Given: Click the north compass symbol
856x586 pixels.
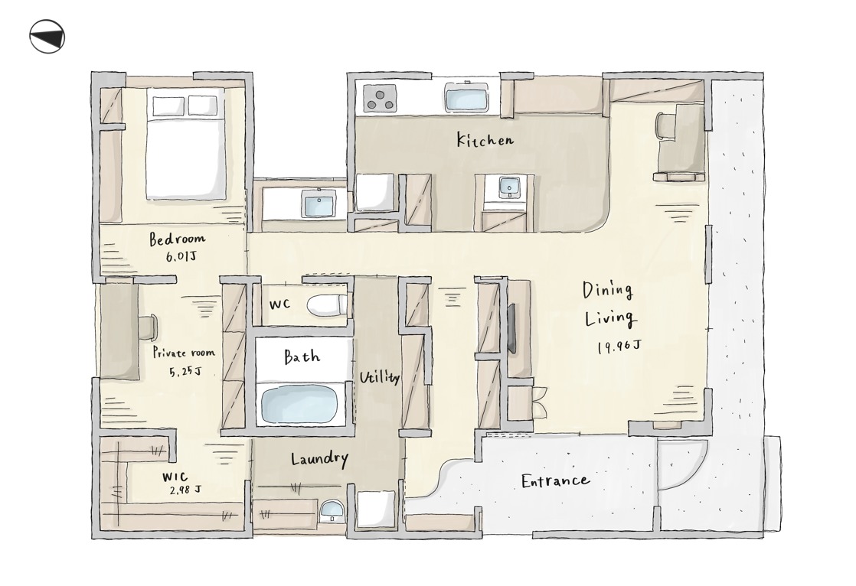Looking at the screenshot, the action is pos(47,37).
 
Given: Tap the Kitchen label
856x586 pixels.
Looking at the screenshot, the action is pos(485,140).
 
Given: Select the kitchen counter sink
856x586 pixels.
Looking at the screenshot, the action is pos(467,97).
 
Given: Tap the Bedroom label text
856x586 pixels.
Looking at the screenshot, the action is pos(177,239).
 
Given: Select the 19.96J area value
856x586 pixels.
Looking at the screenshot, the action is pos(619,347).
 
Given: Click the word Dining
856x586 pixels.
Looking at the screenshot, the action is pos(607,290).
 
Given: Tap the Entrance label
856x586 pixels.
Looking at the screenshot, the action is pos(555,480).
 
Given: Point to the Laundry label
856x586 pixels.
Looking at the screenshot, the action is pos(319,459).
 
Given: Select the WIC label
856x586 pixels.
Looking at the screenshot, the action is pos(175,477).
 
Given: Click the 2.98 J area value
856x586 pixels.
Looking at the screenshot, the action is pos(185,490).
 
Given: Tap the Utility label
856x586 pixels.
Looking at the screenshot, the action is pos(379,378).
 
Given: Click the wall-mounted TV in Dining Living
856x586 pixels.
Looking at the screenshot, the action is pos(513,329).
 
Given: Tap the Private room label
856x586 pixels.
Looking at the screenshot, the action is pos(184,353).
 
